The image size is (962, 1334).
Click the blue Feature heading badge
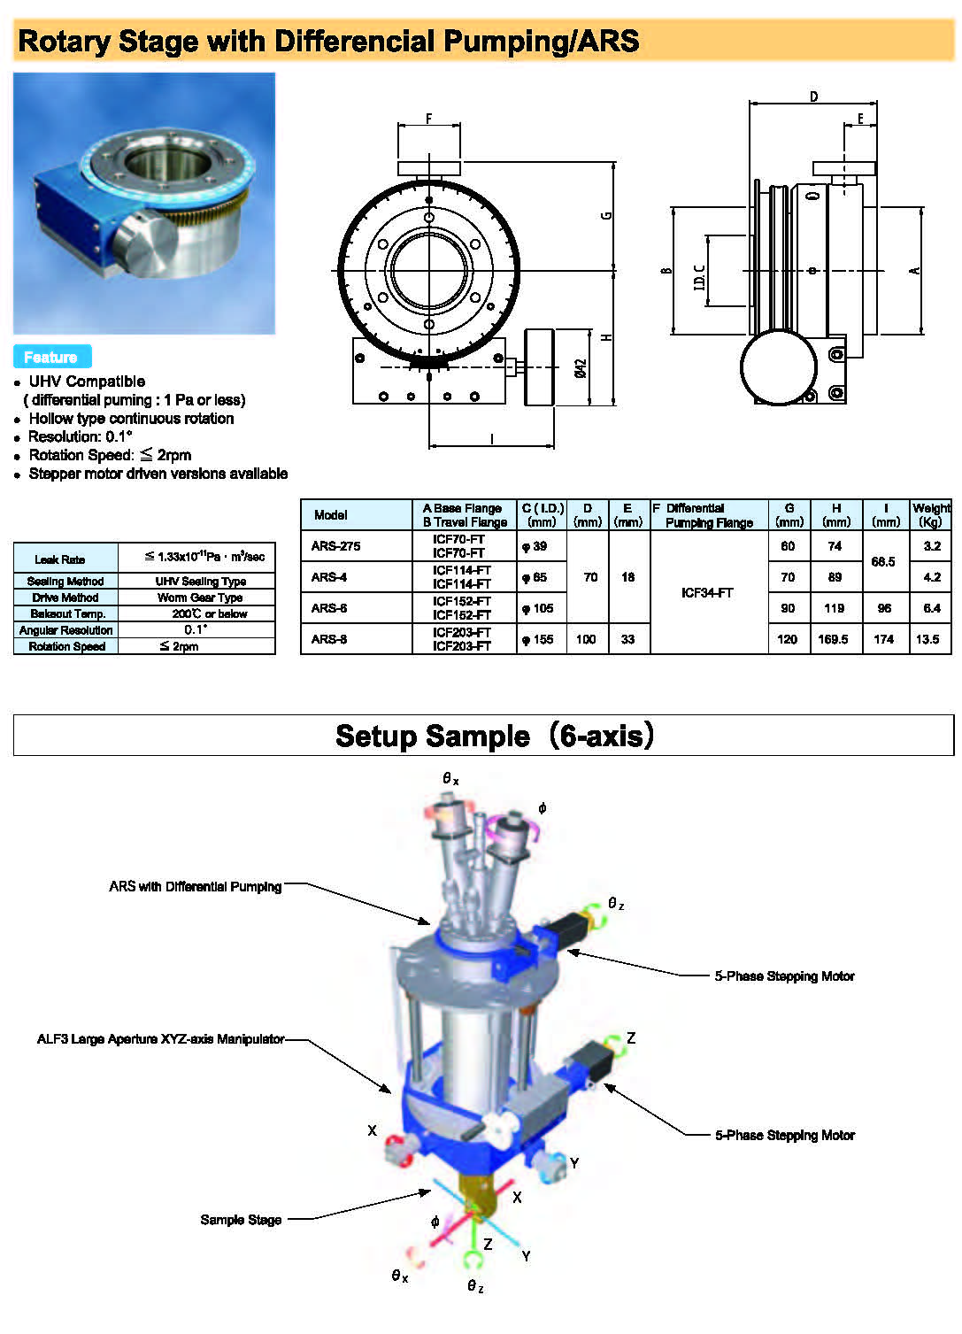coord(51,357)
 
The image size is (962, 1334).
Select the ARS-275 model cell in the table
coord(335,546)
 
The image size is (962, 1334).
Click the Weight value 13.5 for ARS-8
coord(927,639)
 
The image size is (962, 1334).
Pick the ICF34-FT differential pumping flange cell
coord(707,592)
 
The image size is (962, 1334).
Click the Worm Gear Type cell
coord(200,598)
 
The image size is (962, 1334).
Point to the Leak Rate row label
coord(60,559)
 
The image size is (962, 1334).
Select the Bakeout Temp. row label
coord(67,613)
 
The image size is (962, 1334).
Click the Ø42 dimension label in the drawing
coord(581,368)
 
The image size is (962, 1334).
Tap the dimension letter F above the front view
coord(429,118)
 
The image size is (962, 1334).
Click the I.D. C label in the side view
coord(699,276)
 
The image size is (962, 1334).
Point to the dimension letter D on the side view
coord(813,96)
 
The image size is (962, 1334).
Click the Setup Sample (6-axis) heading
coord(494,736)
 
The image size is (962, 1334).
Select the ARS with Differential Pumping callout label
coord(196,886)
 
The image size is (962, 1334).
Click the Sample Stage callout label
coord(241,1220)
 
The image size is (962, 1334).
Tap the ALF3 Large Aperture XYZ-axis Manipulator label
coord(160,1038)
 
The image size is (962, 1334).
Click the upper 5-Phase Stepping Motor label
coord(784,975)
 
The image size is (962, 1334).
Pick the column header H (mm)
coord(835,514)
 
